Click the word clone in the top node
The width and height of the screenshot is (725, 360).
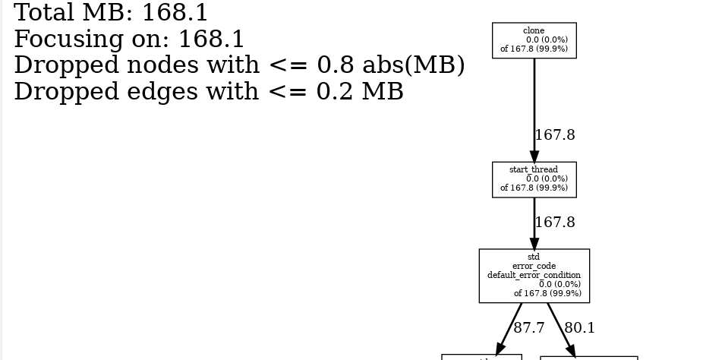click(x=534, y=30)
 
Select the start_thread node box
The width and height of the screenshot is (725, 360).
click(x=534, y=179)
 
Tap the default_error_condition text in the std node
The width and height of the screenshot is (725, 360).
click(x=534, y=275)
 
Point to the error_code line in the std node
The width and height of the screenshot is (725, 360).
click(x=534, y=267)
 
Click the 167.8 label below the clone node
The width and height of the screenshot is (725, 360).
click(x=555, y=135)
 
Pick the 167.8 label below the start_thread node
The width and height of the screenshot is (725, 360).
click(x=555, y=223)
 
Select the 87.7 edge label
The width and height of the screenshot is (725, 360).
click(x=529, y=328)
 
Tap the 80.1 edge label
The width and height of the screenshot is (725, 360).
click(x=580, y=328)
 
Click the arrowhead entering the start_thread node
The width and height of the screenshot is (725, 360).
click(x=534, y=156)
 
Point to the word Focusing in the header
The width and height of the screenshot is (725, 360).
click(x=66, y=39)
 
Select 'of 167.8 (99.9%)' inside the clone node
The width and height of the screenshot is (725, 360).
click(x=534, y=49)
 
